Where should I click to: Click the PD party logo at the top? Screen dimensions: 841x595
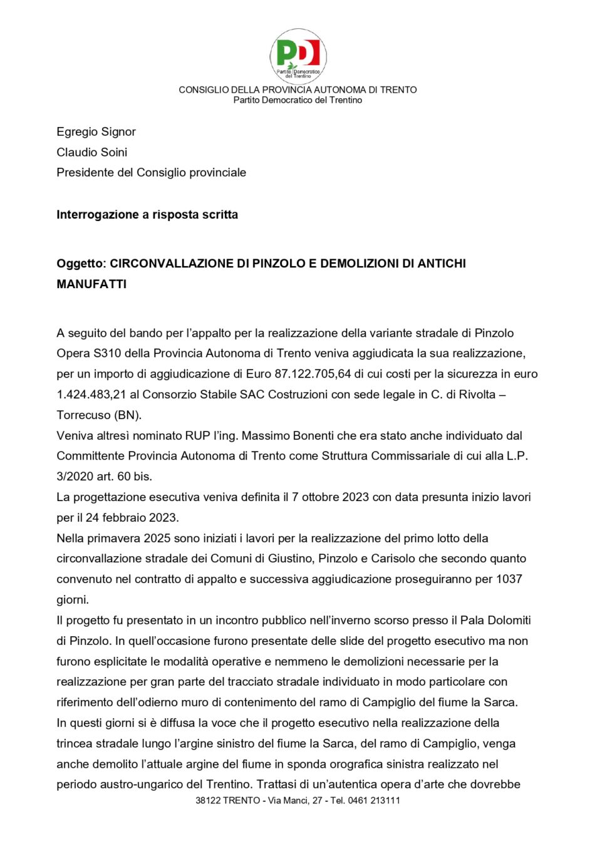click(x=298, y=55)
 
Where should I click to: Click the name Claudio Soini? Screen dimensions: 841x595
click(x=92, y=152)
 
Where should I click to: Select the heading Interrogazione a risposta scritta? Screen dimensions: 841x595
click(x=147, y=215)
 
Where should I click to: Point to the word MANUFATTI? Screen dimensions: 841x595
click(x=91, y=284)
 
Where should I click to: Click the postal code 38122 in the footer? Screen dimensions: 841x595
click(x=208, y=800)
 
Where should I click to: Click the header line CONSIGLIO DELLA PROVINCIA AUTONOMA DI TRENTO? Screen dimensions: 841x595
click(x=297, y=90)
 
